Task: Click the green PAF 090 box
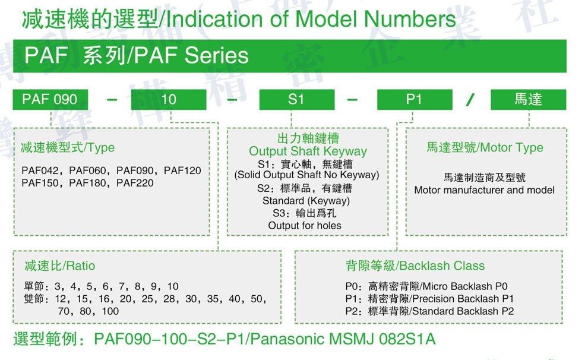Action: (50, 99)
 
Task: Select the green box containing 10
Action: (168, 99)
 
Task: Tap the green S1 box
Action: (296, 99)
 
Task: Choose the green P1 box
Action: (415, 99)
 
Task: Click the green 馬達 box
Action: (528, 99)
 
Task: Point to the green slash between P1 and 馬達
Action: (470, 100)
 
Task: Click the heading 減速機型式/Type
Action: (68, 148)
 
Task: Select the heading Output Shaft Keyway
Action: (308, 151)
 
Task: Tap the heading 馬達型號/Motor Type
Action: (485, 147)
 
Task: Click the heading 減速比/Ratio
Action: (59, 266)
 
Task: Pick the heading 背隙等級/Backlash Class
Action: (415, 266)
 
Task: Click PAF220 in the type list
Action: (135, 183)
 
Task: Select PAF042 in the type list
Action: (40, 170)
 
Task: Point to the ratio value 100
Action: (110, 311)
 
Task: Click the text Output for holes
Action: (305, 225)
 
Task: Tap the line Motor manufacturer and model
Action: (484, 190)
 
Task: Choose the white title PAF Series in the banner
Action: (191, 56)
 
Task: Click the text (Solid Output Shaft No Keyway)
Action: (306, 175)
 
